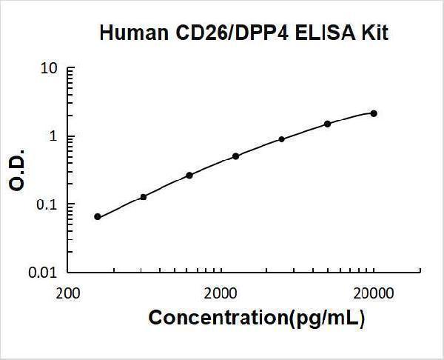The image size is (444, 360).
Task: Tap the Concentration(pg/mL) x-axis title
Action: (257, 319)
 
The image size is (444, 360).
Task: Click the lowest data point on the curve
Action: (98, 216)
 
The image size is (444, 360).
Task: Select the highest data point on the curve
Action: (374, 113)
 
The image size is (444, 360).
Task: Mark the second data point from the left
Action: (144, 196)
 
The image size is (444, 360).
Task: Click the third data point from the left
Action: (189, 175)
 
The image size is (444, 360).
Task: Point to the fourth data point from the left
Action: (235, 156)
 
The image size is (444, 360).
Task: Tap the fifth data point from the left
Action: (281, 139)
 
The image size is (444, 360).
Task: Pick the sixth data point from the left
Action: (327, 124)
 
